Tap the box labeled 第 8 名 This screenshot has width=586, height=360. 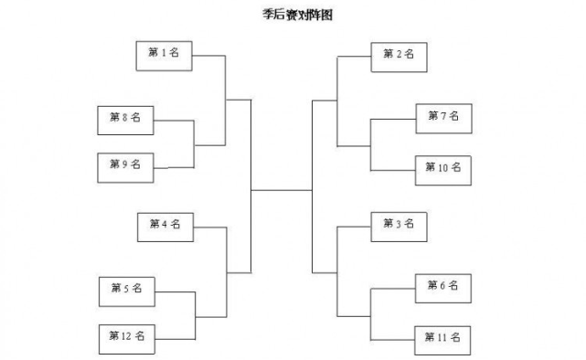click(125, 119)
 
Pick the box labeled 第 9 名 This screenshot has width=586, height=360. click(125, 165)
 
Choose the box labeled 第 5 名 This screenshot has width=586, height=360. click(126, 290)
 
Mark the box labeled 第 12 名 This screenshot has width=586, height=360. click(126, 337)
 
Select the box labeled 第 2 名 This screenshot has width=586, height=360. click(399, 56)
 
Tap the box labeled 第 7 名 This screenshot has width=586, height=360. click(443, 118)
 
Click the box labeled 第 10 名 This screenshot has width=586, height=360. click(443, 168)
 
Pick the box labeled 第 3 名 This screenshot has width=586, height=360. click(399, 225)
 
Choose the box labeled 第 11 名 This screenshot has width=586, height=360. click(443, 338)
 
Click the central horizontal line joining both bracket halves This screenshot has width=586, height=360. click(282, 191)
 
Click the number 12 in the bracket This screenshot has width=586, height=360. click(126, 337)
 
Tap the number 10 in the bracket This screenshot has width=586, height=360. click(443, 168)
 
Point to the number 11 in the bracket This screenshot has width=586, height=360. click(443, 338)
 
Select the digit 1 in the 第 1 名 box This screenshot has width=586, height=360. click(165, 54)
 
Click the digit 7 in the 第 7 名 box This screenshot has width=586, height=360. click(443, 117)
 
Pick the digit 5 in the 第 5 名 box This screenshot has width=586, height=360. click(126, 289)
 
